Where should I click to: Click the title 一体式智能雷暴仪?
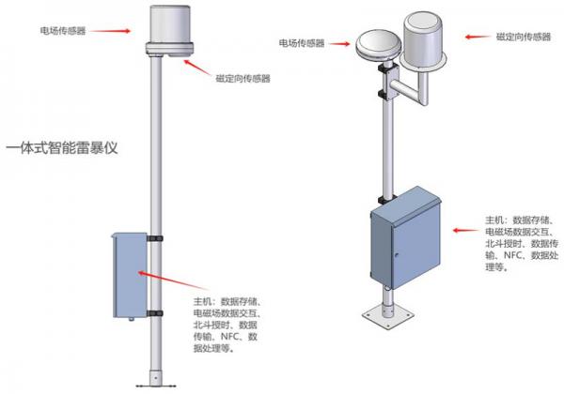pos(62,148)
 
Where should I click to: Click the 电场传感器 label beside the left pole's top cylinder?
pos(63,31)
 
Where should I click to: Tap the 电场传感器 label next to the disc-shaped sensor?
pos(302,43)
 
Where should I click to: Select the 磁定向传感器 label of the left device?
pos(243,79)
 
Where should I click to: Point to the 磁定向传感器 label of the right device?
pos(524,37)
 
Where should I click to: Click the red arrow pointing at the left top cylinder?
pos(109,31)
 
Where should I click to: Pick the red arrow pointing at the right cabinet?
pos(466,230)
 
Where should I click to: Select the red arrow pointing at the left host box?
pos(173,280)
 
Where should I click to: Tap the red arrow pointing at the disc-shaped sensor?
pos(339,44)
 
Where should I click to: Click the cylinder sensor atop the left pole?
pos(170,31)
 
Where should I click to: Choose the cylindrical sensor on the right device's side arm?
pos(423,41)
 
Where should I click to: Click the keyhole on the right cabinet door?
pos(397,255)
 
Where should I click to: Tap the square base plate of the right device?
pos(387,316)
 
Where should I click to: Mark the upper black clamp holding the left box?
pos(155,238)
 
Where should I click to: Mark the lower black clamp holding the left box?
pos(155,313)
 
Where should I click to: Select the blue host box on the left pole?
pos(130,276)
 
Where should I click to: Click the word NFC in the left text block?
pos(229,337)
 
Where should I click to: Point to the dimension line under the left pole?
pos(156,386)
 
